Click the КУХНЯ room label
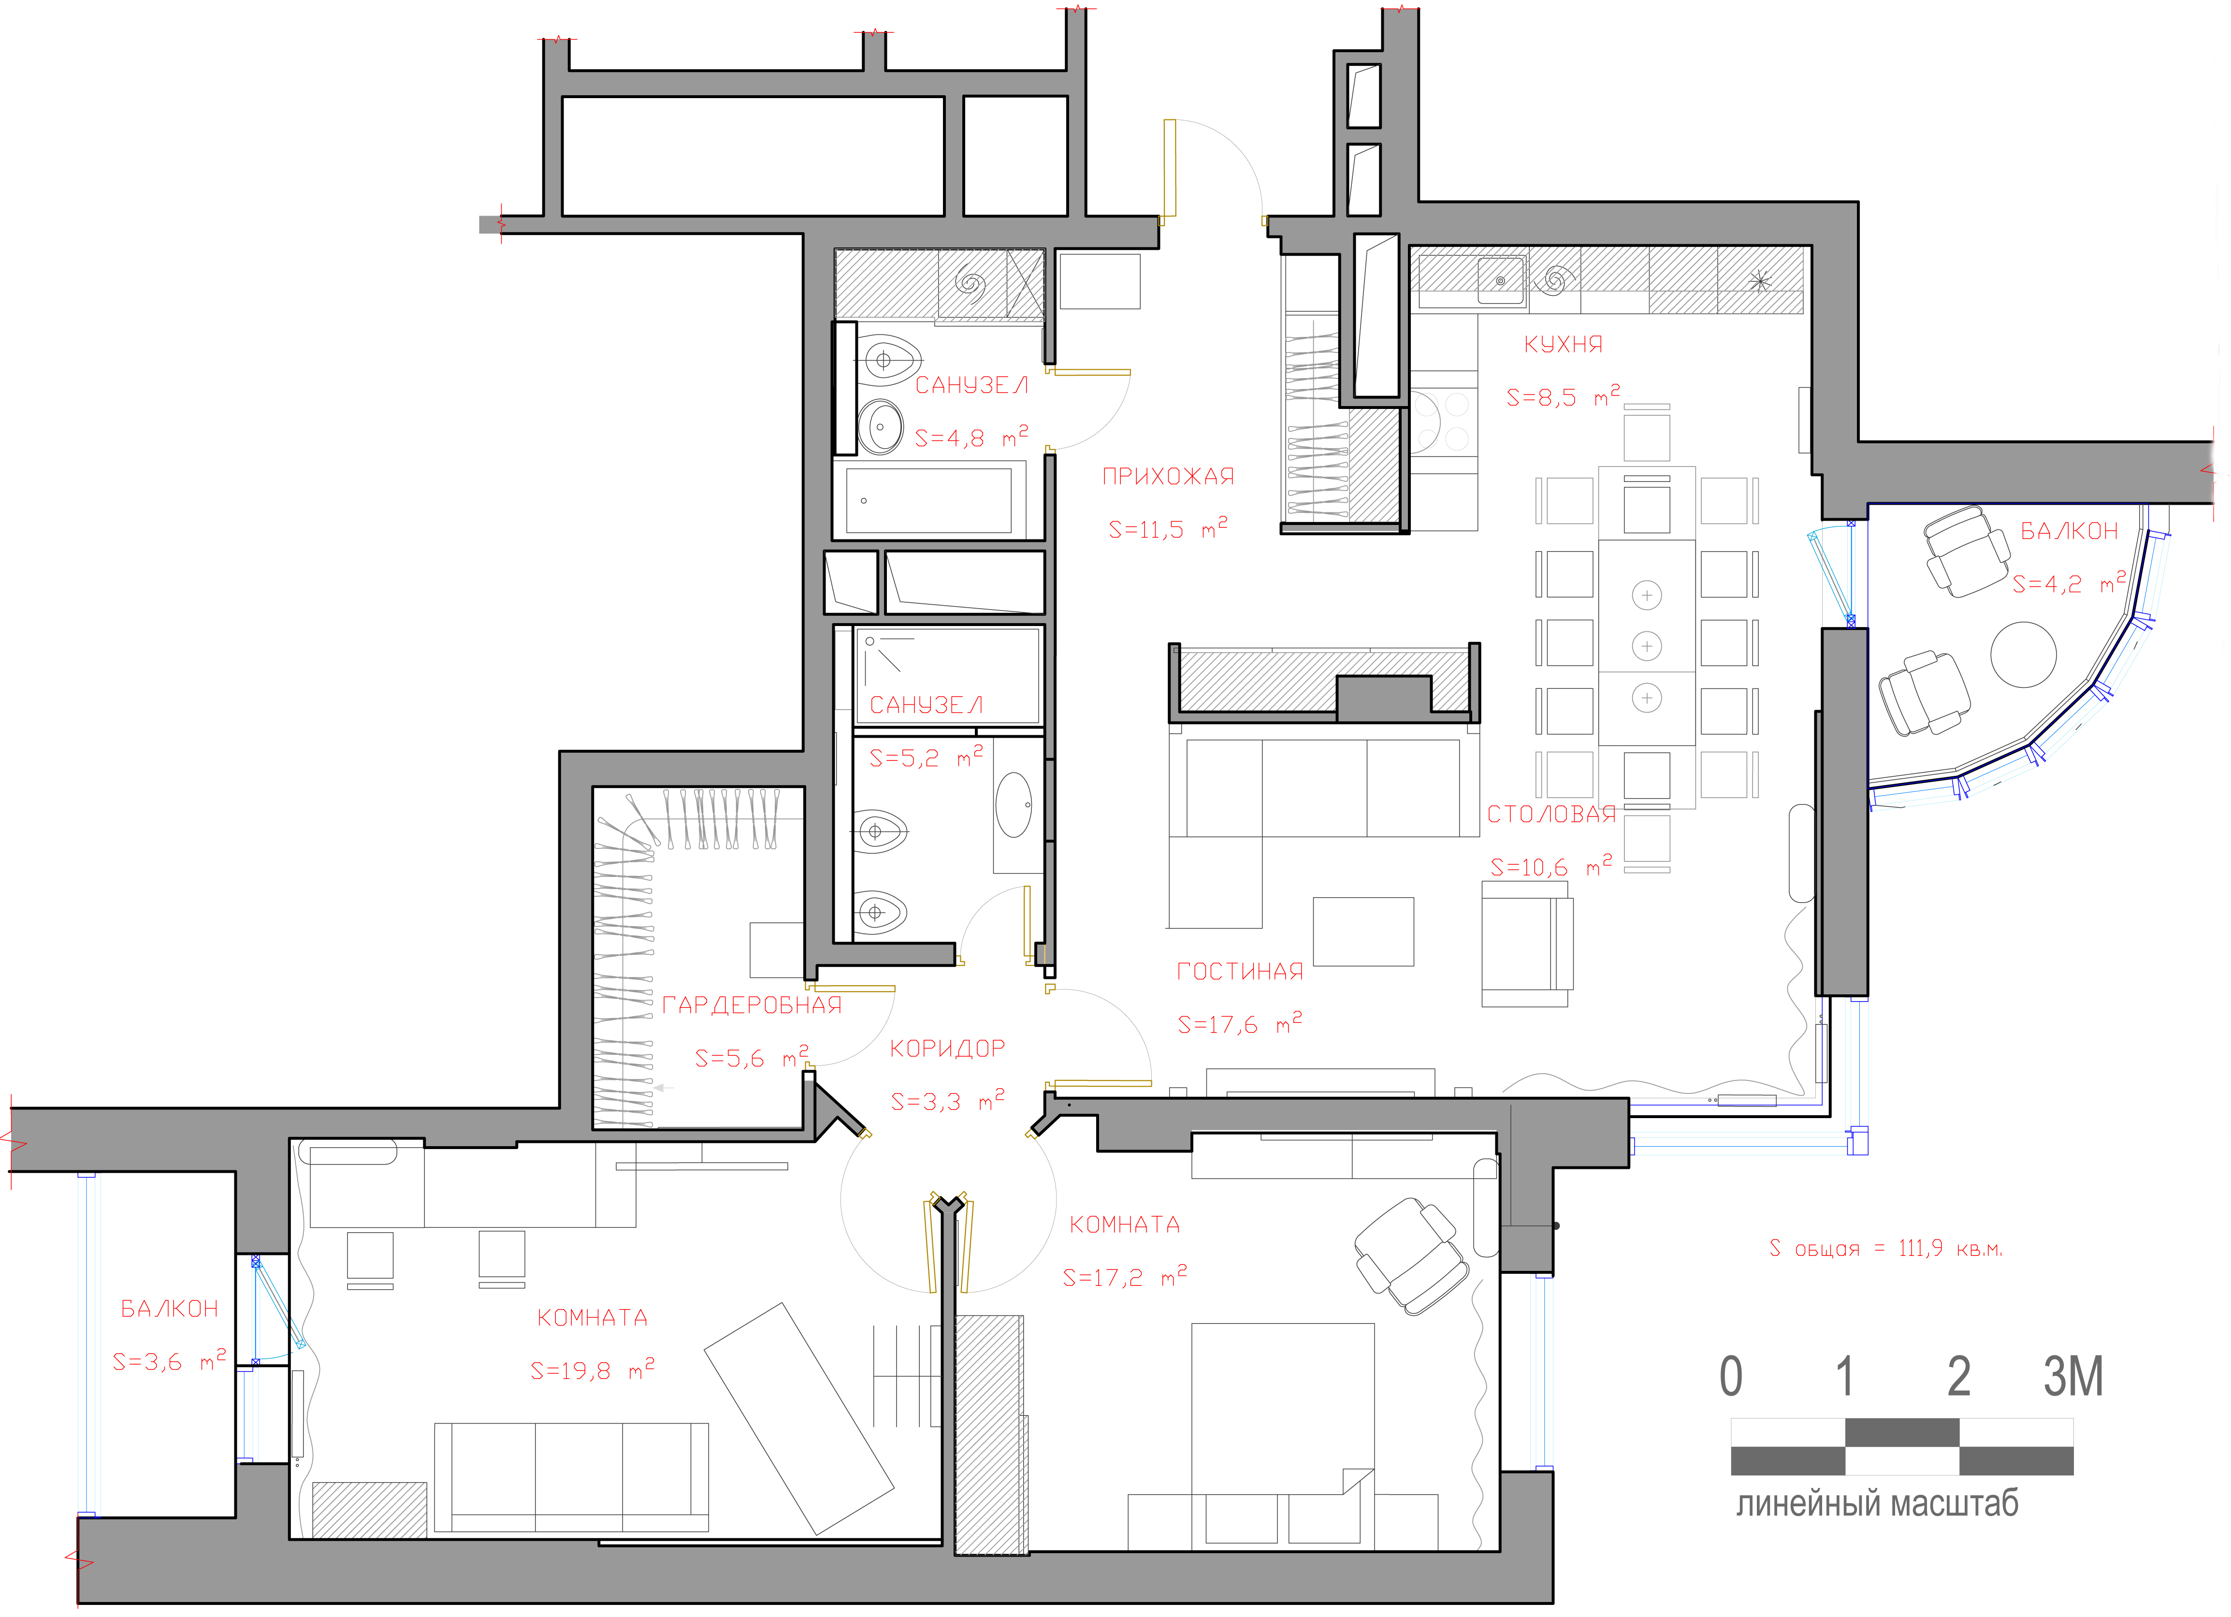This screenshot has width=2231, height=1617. (x=1563, y=344)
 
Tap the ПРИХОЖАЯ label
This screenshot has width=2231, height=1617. (x=1168, y=477)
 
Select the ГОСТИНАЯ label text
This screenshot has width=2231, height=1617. (x=1239, y=972)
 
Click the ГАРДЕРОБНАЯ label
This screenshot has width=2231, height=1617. (x=752, y=1005)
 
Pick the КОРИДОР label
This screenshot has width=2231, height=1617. (x=947, y=1049)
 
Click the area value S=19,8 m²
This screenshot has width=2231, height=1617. (x=592, y=1369)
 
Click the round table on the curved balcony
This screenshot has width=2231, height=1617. (x=2024, y=654)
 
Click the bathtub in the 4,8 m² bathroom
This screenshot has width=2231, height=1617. (x=928, y=501)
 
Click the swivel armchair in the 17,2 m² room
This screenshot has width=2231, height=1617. (x=1412, y=1256)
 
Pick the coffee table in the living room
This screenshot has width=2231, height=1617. (x=1363, y=932)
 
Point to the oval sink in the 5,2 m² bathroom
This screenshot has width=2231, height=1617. (x=1014, y=804)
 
